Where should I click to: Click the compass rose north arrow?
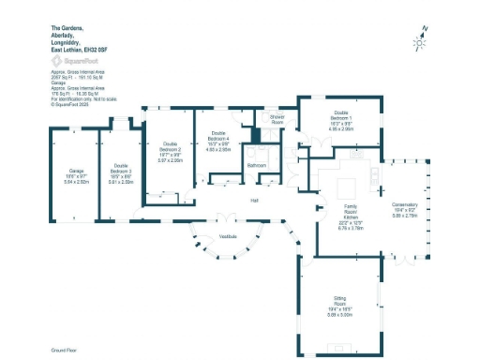click(x=422, y=38)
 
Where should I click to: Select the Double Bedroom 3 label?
click(x=120, y=170)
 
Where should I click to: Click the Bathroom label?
click(x=257, y=165)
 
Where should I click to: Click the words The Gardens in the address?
click(x=64, y=28)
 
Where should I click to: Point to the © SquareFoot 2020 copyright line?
click(x=70, y=105)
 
